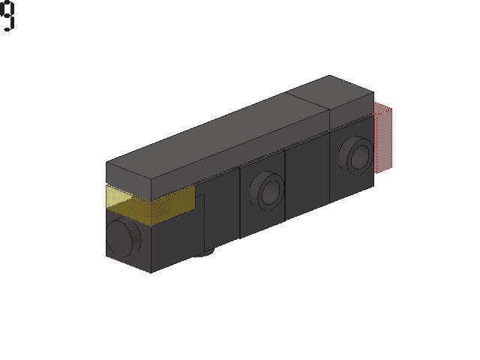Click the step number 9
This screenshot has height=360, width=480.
point(7,15)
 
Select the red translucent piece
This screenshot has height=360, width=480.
point(383,137)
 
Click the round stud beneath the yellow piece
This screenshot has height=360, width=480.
point(123,238)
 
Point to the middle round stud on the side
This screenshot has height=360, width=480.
point(267,191)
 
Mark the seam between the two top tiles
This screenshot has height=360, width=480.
point(307,100)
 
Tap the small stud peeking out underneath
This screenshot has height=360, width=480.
point(202,253)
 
